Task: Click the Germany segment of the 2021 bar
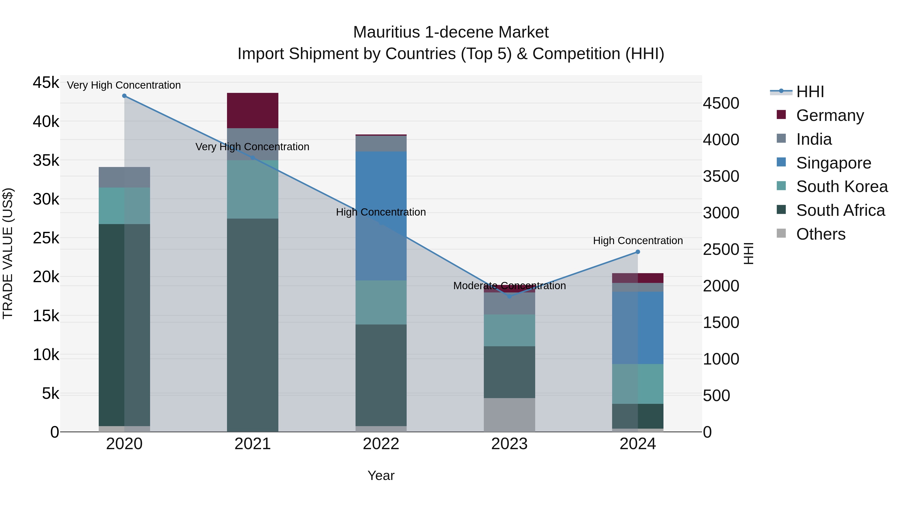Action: pos(253,111)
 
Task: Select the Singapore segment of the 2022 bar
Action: pos(381,216)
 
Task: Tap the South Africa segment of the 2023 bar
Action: pos(509,372)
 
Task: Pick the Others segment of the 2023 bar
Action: pos(509,415)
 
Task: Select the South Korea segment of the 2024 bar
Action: pos(638,384)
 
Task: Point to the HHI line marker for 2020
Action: pos(124,96)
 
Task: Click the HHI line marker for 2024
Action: pos(638,252)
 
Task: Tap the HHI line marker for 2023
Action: pos(509,297)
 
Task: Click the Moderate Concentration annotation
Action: pos(509,286)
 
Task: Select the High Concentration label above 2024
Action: pos(638,241)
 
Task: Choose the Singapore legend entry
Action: pos(833,163)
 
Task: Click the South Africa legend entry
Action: pos(840,210)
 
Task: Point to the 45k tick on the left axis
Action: pos(46,83)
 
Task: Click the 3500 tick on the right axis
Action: pos(721,176)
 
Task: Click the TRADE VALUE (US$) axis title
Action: pos(8,254)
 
